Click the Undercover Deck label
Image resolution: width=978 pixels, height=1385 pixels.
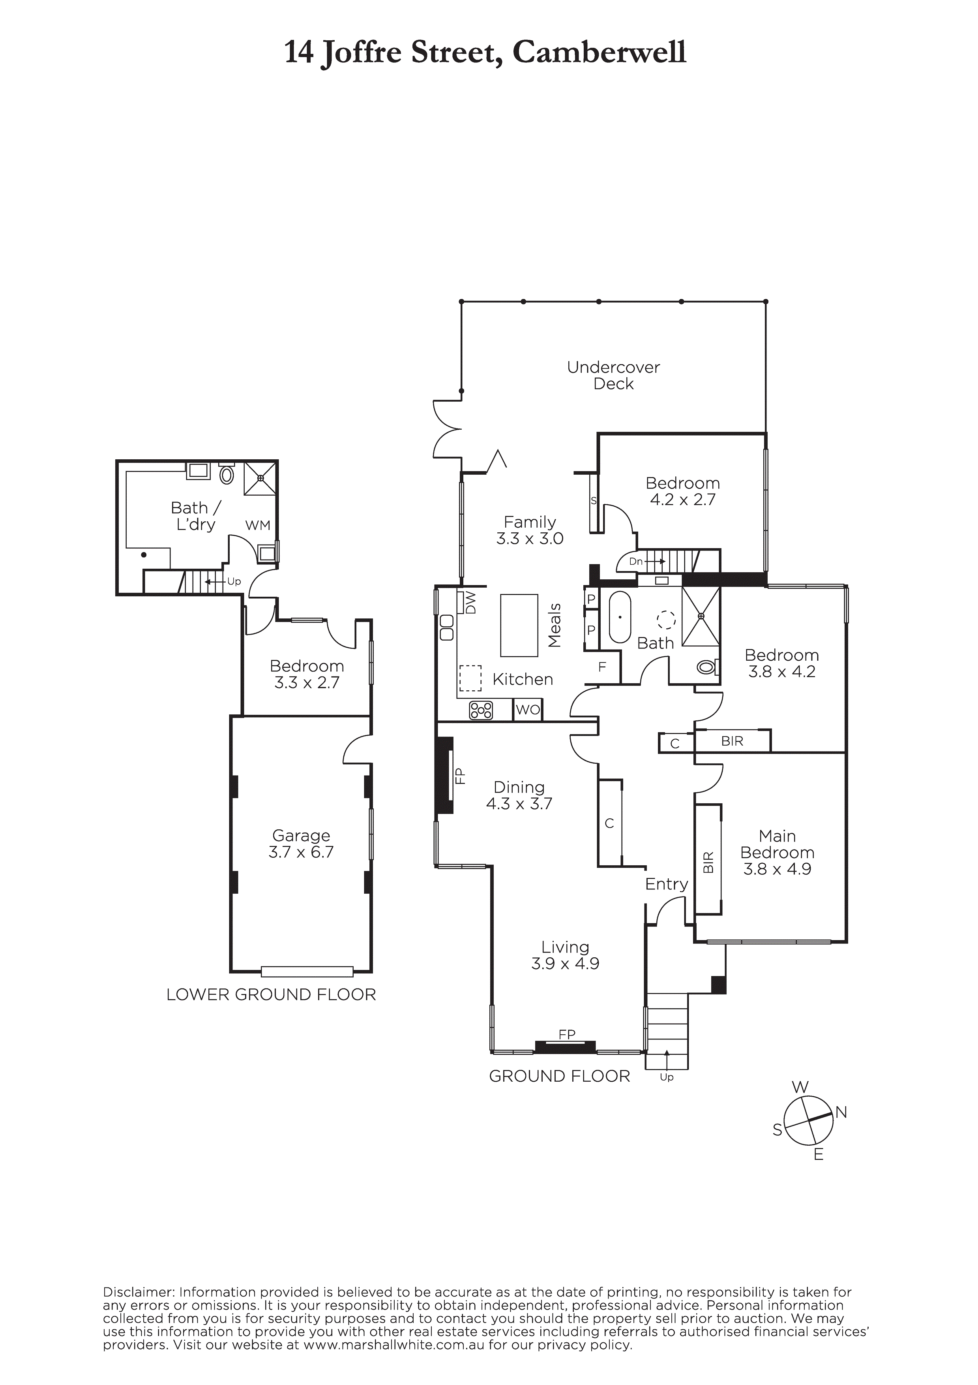[613, 375]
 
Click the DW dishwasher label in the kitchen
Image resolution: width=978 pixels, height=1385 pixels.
[471, 603]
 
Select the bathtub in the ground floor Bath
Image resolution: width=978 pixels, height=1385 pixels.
[620, 618]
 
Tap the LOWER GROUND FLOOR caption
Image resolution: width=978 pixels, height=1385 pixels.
[271, 995]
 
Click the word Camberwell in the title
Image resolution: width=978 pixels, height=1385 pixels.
[600, 53]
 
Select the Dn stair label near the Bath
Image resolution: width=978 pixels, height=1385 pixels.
[635, 561]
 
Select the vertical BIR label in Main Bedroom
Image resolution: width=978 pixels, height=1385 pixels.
[708, 862]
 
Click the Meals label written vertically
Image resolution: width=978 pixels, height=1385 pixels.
[555, 626]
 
